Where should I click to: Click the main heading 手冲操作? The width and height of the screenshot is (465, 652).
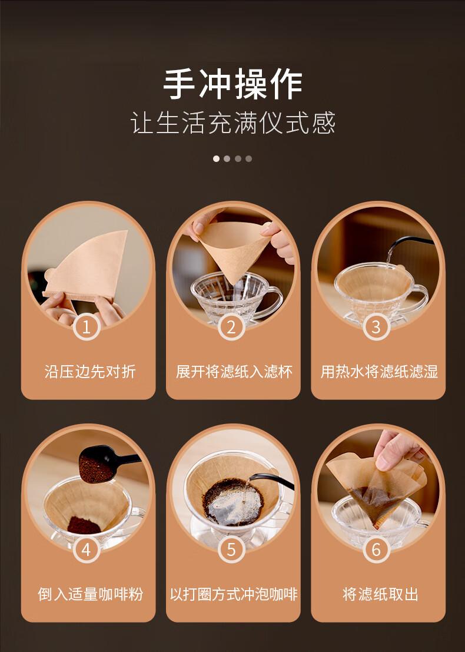pyautogui.click(x=232, y=84)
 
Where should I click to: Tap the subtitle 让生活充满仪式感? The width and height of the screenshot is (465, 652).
pyautogui.click(x=232, y=123)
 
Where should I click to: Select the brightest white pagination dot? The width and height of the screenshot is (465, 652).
pyautogui.click(x=216, y=158)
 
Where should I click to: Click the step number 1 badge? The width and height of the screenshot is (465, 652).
pyautogui.click(x=87, y=327)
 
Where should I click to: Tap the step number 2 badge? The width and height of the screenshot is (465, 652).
pyautogui.click(x=231, y=327)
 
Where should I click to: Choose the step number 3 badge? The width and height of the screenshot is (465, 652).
pyautogui.click(x=376, y=327)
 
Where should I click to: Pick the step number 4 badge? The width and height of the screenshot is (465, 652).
pyautogui.click(x=87, y=550)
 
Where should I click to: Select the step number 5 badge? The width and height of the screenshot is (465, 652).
pyautogui.click(x=231, y=550)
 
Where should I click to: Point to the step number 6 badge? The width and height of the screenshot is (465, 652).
pyautogui.click(x=376, y=550)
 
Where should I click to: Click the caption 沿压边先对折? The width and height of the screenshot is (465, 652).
pyautogui.click(x=89, y=372)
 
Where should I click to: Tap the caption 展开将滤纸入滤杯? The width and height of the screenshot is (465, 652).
pyautogui.click(x=234, y=372)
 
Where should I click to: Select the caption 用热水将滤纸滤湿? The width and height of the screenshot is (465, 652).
pyautogui.click(x=379, y=372)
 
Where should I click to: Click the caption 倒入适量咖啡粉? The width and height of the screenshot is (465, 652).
pyautogui.click(x=90, y=594)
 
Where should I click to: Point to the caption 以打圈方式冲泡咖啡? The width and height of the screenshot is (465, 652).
pyautogui.click(x=234, y=594)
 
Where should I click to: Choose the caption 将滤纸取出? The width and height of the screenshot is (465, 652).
pyautogui.click(x=380, y=594)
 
